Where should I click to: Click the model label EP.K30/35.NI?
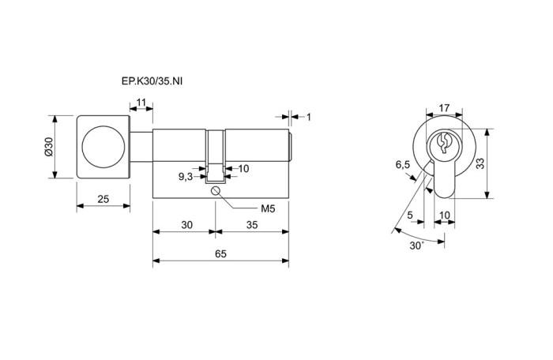point(152,81)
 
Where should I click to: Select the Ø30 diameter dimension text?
point(48,147)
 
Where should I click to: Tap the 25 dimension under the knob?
point(103,199)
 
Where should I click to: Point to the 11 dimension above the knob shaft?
point(141,103)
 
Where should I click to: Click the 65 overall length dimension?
point(220,254)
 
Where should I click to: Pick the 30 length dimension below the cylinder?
point(186,224)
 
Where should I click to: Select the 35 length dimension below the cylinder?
point(252,224)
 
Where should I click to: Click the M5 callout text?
point(268,208)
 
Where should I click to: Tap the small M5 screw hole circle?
point(216,191)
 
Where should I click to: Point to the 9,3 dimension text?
point(186,177)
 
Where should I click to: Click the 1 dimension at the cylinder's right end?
point(309,117)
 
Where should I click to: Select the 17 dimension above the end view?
point(444,108)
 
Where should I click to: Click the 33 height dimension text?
point(480,163)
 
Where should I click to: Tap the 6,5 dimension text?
point(403,164)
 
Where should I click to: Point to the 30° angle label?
point(416,246)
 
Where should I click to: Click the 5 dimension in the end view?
point(410,215)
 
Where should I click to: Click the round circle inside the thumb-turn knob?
point(103,146)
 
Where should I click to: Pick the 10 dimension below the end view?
point(445,215)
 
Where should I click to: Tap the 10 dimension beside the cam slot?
point(243,168)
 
